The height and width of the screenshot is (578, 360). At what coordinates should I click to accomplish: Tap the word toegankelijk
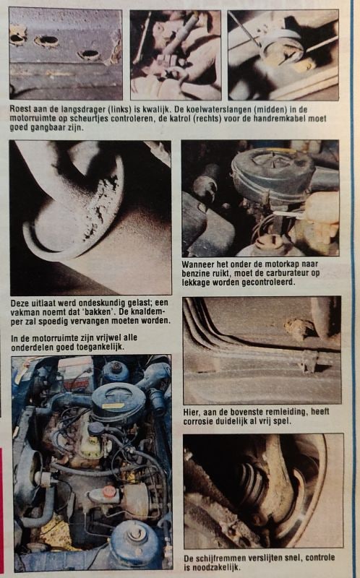tap(100, 348)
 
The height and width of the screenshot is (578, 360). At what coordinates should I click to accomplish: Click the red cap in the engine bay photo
tap(109, 491)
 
